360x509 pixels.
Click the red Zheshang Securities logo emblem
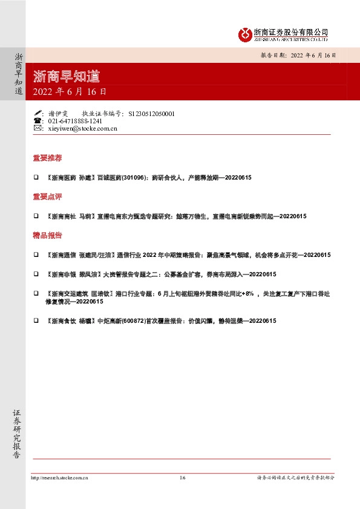tap(244, 34)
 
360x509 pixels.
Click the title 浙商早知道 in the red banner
tap(67, 77)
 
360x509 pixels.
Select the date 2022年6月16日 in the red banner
tap(70, 92)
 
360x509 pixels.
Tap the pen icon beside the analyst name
tap(38, 113)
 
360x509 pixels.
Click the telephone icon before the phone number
tap(38, 121)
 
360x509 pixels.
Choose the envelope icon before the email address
tap(38, 128)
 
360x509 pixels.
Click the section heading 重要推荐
tap(47, 158)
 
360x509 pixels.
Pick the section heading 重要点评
tap(47, 197)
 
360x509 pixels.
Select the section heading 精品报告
tap(47, 236)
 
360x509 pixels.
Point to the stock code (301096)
tap(134, 178)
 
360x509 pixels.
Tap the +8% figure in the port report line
tap(249, 294)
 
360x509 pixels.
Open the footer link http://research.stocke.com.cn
tap(59, 478)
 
